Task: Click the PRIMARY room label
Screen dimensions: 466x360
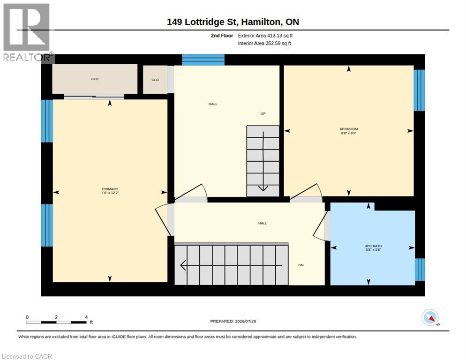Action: pyautogui.click(x=110, y=189)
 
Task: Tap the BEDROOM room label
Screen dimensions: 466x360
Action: pyautogui.click(x=349, y=129)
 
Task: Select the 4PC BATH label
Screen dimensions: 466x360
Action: pyautogui.click(x=373, y=246)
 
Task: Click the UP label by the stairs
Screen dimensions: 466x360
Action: pyautogui.click(x=263, y=113)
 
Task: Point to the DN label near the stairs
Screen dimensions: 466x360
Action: pyautogui.click(x=301, y=265)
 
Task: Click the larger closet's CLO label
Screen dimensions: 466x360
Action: pyautogui.click(x=95, y=79)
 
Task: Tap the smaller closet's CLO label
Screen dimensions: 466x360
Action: pyautogui.click(x=155, y=80)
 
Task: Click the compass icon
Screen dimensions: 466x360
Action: pyautogui.click(x=430, y=317)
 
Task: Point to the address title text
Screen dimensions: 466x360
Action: pyautogui.click(x=233, y=22)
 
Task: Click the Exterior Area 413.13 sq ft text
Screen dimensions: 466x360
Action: pyautogui.click(x=265, y=36)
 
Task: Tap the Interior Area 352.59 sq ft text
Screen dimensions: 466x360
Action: pyautogui.click(x=264, y=44)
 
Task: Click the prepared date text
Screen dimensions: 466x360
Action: pyautogui.click(x=233, y=322)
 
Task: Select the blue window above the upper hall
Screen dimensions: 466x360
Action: pyautogui.click(x=203, y=60)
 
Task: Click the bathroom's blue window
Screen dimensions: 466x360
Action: pyautogui.click(x=420, y=270)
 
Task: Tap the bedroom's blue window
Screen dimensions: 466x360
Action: pyautogui.click(x=419, y=90)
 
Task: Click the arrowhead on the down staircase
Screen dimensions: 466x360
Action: pyautogui.click(x=183, y=265)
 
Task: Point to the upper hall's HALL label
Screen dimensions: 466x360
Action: pyautogui.click(x=213, y=104)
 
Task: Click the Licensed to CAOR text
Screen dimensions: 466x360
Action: pyautogui.click(x=27, y=356)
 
